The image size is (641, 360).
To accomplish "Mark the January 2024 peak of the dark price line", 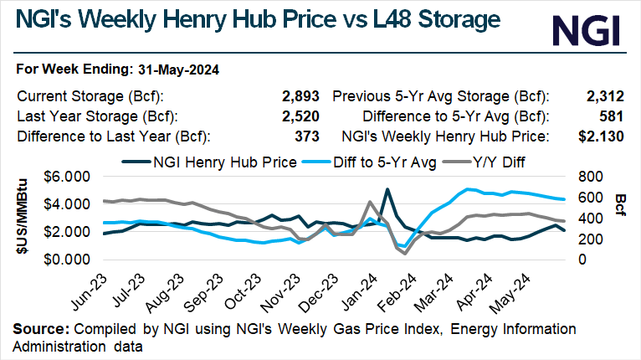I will [387, 190].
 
